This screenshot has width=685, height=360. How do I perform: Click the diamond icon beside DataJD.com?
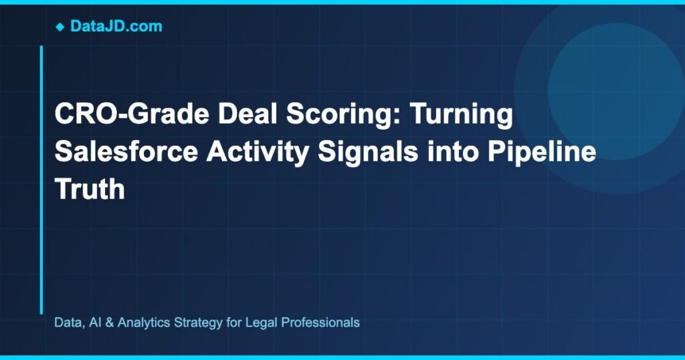(x=60, y=27)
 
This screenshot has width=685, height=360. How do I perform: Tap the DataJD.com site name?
(x=116, y=27)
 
